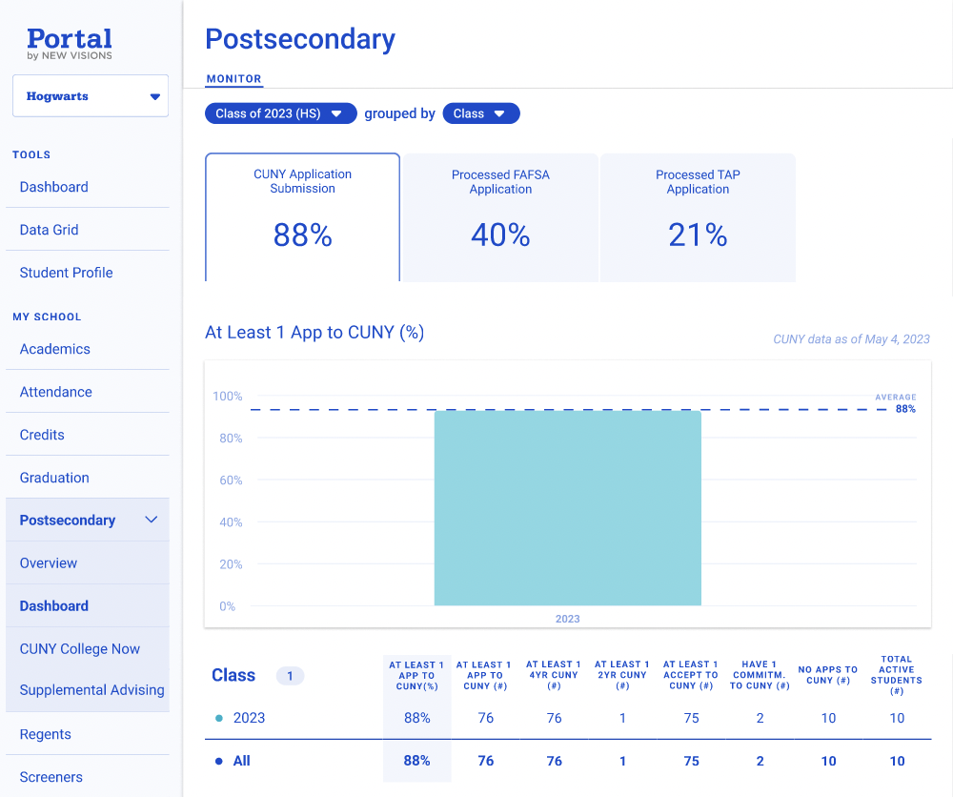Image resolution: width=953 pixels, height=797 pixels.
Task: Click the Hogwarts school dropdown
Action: tap(91, 96)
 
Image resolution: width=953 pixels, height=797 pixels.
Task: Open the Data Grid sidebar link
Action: tap(50, 230)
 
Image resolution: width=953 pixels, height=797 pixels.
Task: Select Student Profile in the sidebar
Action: tap(67, 273)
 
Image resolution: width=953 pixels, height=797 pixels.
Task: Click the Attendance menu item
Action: tap(56, 392)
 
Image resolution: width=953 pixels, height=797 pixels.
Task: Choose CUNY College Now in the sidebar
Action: tap(80, 649)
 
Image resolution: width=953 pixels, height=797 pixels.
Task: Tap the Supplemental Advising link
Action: tap(92, 690)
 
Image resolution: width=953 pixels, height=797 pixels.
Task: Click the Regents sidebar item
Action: tap(46, 734)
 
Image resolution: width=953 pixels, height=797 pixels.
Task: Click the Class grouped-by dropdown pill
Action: tap(480, 113)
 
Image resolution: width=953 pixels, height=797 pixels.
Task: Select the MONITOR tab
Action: tap(234, 79)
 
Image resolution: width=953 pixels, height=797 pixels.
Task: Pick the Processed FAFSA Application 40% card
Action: tap(500, 218)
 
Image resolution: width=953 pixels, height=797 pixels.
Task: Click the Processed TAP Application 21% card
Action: tap(698, 218)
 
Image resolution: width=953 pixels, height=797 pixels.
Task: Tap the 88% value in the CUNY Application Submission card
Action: tap(302, 235)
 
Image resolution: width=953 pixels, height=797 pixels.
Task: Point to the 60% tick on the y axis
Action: tap(230, 480)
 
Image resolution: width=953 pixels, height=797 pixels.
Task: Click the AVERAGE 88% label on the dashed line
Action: tap(901, 404)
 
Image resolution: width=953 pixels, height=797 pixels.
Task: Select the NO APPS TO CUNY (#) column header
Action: tap(828, 675)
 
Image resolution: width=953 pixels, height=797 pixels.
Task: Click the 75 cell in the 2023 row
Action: tap(692, 718)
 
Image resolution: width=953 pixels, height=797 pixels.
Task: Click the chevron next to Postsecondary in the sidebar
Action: tap(151, 521)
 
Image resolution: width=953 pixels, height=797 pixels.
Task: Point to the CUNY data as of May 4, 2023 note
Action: tap(851, 339)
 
